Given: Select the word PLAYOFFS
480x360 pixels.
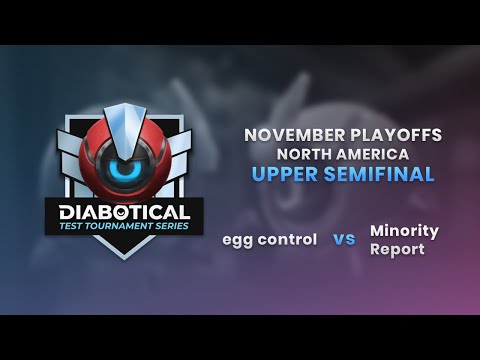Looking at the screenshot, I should click(x=396, y=135).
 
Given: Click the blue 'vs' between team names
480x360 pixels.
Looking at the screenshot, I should click(x=344, y=240).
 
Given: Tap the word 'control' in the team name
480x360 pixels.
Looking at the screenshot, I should click(x=287, y=240).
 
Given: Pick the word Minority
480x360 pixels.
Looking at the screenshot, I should click(x=404, y=231).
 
